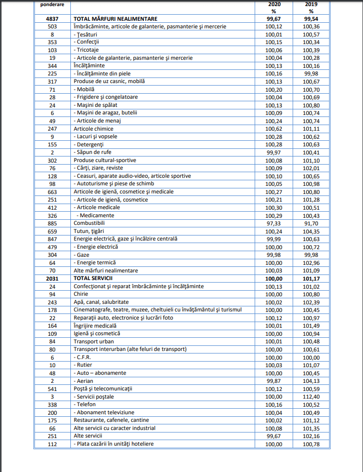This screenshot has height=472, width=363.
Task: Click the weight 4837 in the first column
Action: tap(53, 18)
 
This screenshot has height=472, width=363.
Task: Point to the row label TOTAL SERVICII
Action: tap(93, 278)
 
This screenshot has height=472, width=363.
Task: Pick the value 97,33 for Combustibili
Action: tap(273, 223)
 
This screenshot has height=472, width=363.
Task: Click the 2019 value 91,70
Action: tap(310, 223)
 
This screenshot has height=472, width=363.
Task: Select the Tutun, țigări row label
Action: tap(89, 231)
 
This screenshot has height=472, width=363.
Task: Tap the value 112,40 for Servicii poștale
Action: tap(310, 397)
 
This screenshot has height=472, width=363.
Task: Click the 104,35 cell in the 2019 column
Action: tap(310, 231)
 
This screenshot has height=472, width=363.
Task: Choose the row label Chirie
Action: tap(81, 294)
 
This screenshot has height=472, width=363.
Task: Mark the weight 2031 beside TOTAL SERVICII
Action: tap(53, 278)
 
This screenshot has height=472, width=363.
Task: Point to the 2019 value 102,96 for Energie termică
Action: tap(310, 262)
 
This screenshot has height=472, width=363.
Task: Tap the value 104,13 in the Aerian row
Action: tap(310, 381)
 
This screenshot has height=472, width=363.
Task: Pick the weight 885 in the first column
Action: tap(53, 223)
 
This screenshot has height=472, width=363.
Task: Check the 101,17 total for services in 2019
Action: tap(310, 278)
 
